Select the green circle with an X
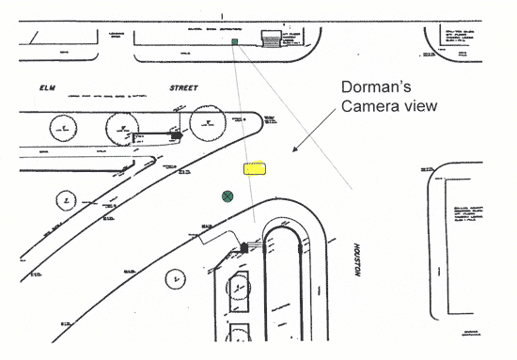coord(227,196)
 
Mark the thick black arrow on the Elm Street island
coord(176,135)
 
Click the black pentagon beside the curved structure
coord(245,247)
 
